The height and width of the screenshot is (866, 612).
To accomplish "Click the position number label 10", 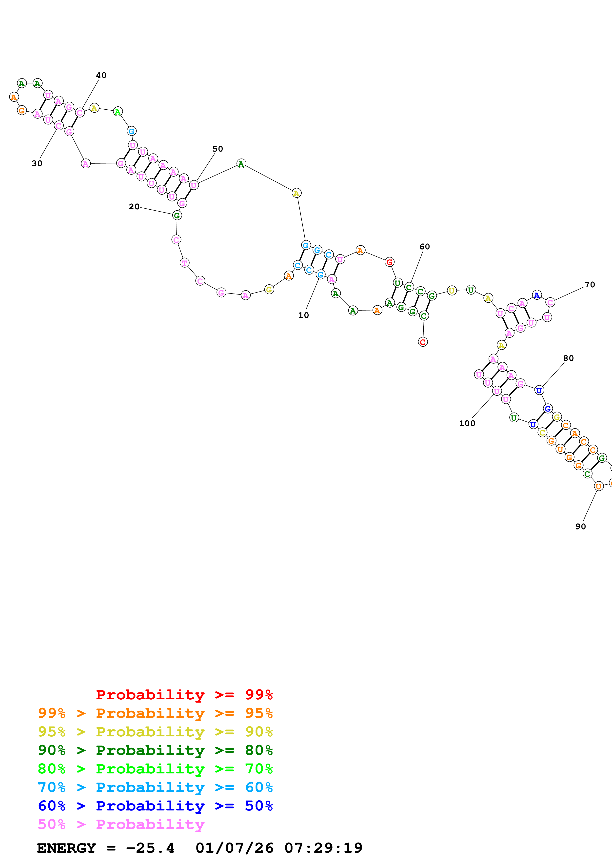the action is point(303,315).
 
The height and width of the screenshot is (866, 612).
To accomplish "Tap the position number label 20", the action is point(134,207).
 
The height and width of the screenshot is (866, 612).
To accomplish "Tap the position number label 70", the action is point(589,285).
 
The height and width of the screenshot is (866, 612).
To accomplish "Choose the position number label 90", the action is point(580,527).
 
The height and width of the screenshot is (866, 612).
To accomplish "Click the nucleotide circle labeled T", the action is point(184,263).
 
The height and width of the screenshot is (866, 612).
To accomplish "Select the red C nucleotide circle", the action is point(423,342).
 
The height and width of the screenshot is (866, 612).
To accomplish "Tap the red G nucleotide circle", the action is point(390,262).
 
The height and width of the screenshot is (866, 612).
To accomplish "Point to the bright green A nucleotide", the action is point(118,112).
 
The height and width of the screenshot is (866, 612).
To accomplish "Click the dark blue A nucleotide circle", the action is point(537,295).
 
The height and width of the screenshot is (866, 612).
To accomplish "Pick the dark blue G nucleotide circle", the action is point(548,409).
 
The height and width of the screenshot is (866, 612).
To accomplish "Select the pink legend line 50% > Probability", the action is point(121,824).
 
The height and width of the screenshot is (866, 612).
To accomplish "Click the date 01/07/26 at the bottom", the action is point(234,848).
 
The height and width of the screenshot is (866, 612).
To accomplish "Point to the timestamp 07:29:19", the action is point(323,848).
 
